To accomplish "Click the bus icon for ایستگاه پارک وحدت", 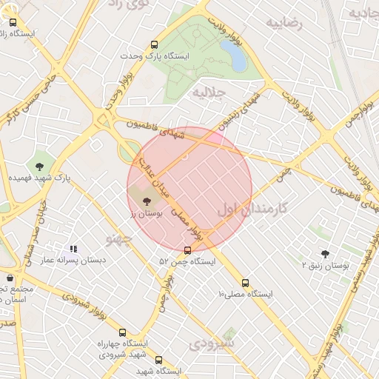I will coord(154,44).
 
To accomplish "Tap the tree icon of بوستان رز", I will coord(146,200).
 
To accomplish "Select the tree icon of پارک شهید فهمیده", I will coord(39,166).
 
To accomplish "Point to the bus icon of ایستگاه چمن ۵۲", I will coord(187,250).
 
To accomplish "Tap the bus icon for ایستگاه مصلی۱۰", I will coord(246,283).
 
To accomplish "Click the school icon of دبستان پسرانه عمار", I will coord(73,249).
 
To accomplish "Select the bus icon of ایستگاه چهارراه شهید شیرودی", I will coord(122,333).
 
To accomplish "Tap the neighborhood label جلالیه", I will coord(208,93).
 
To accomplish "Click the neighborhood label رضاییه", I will coord(287,23).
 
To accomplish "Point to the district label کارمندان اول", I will coord(251,209).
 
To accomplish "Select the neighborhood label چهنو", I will coord(118,238).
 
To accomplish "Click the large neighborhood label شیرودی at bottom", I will coord(212,343).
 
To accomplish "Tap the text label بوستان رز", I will coord(146,213).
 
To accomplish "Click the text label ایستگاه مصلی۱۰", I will coord(246,294).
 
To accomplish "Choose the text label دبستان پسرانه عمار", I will coord(73,261).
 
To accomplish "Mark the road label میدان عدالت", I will coord(155,177).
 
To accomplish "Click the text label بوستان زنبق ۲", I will coord(326,264).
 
